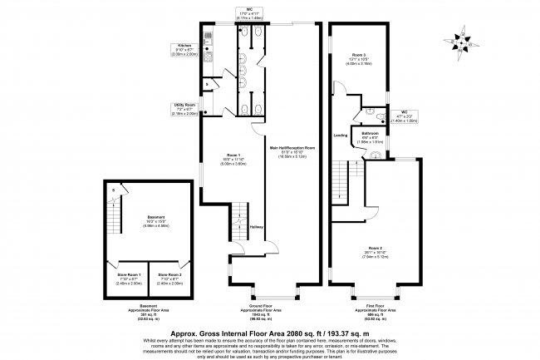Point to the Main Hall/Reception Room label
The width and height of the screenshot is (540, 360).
pyautogui.click(x=292, y=146)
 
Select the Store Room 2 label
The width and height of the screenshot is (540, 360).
pyautogui.click(x=169, y=274)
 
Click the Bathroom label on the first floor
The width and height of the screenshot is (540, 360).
pyautogui.click(x=371, y=133)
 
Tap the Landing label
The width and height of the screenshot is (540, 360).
pyautogui.click(x=340, y=134)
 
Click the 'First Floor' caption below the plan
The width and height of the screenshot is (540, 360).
pyautogui.click(x=374, y=305)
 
